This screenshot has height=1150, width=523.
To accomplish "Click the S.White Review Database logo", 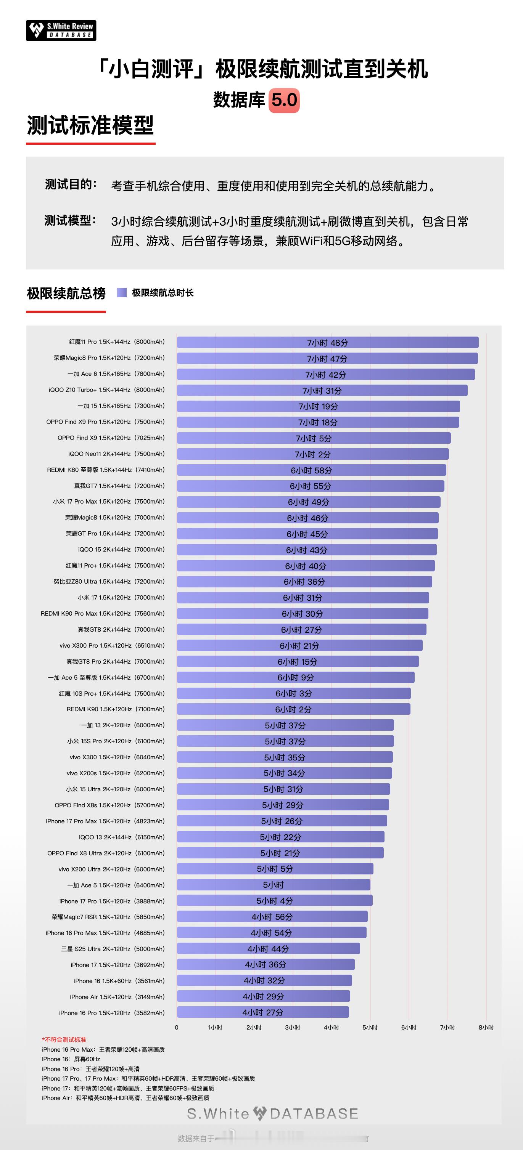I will tap(61, 30).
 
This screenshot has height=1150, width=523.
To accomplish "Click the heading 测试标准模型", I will tap(90, 125).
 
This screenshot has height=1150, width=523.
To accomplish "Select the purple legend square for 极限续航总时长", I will tap(121, 292).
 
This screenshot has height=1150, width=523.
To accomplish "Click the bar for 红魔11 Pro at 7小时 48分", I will tap(327, 342).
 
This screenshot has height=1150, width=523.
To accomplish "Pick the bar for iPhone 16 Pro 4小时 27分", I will tap(262, 1012).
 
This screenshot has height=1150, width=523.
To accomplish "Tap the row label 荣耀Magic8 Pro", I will tap(109, 358).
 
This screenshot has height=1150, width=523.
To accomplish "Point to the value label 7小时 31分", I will tap(322, 391).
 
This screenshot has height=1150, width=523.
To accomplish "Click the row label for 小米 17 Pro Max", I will tap(109, 502).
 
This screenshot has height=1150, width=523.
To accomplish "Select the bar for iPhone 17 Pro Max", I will tap(282, 821).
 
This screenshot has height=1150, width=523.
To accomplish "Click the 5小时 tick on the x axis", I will tap(370, 1027).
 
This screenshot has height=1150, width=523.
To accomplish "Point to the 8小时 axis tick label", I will tap(486, 1027).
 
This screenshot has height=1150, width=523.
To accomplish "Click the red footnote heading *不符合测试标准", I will tap(64, 1040).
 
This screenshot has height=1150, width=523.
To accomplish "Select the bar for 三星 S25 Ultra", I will tap(268, 948).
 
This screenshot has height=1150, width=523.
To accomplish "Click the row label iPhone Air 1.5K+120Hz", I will tap(117, 996).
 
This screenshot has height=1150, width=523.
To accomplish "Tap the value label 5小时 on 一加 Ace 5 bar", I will tap(274, 885).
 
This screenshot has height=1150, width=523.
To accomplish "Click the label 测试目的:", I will tap(71, 184).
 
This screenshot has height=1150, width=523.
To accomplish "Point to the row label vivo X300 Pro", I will tap(112, 646).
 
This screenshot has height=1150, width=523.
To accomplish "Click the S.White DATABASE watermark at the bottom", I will tap(272, 1113).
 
